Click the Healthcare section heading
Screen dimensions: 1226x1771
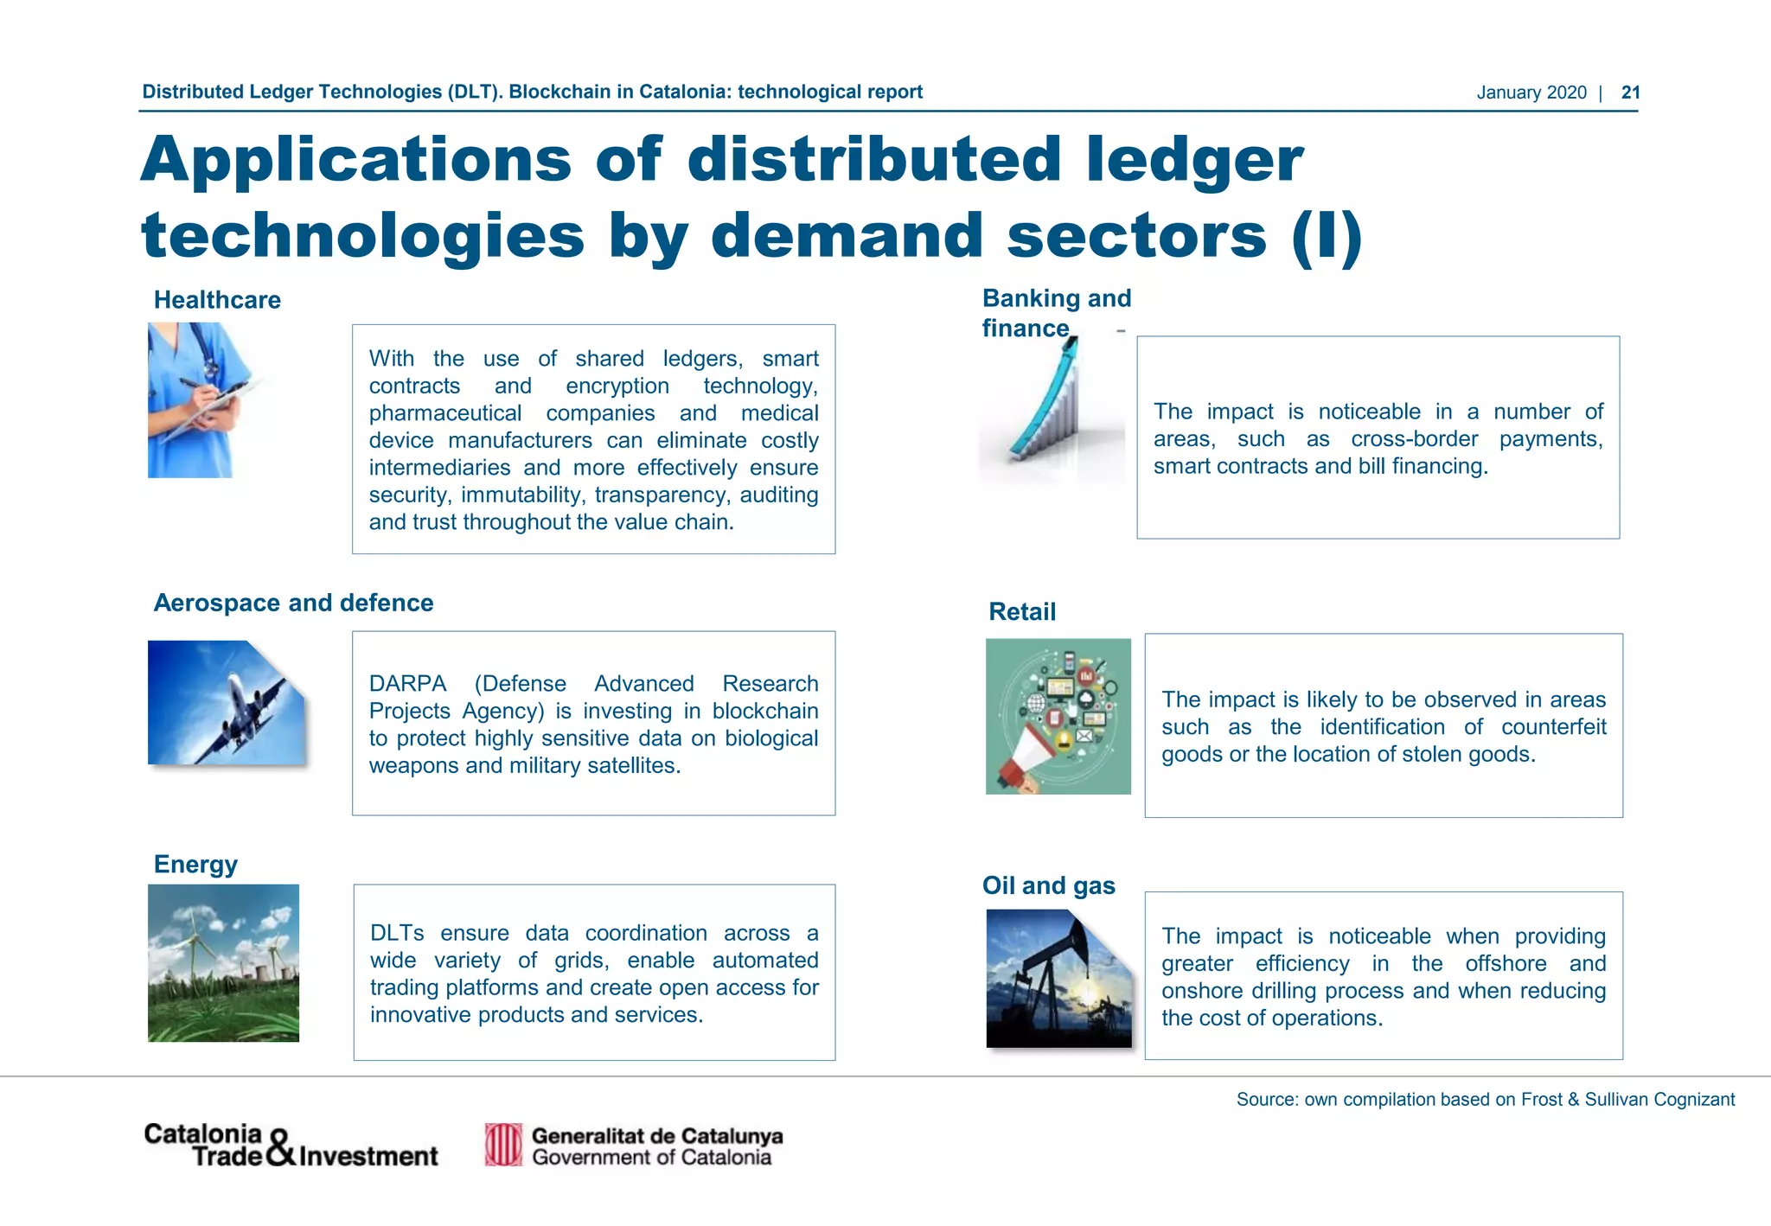[217, 300]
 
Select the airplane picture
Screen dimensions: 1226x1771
[226, 703]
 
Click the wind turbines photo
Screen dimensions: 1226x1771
[223, 962]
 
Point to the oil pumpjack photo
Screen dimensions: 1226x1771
[1058, 979]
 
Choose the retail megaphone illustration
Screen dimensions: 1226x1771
[1058, 716]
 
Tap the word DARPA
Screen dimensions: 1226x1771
[407, 684]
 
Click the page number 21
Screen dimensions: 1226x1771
[1630, 93]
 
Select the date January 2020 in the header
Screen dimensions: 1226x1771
[1531, 93]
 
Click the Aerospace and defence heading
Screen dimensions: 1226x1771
[293, 603]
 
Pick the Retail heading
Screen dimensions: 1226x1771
[1022, 612]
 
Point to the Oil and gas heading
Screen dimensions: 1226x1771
[1048, 885]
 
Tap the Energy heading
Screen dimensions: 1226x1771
[195, 865]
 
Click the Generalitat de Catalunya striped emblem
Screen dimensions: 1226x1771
[503, 1145]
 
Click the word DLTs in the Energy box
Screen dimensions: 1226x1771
[397, 934]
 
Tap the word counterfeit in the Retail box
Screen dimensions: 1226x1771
[1553, 727]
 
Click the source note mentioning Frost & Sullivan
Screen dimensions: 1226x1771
[1485, 1100]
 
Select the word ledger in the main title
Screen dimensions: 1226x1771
[1194, 160]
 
